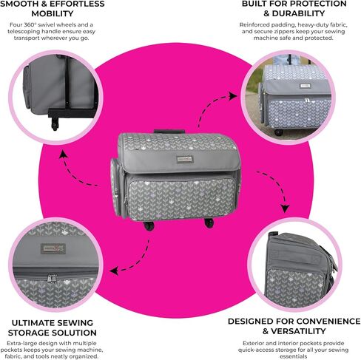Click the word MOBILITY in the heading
click(53, 13)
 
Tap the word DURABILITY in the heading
click(298, 13)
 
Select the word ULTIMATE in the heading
click(31, 323)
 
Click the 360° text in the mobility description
click(30, 24)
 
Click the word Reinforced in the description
click(254, 24)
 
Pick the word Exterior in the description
click(253, 343)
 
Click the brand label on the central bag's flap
click(185, 159)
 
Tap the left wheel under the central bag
click(149, 225)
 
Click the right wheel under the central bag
click(209, 223)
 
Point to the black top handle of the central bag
click(169, 132)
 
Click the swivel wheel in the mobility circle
click(55, 124)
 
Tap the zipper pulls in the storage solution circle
click(53, 278)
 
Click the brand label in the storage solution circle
click(53, 248)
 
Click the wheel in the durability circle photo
click(279, 132)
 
